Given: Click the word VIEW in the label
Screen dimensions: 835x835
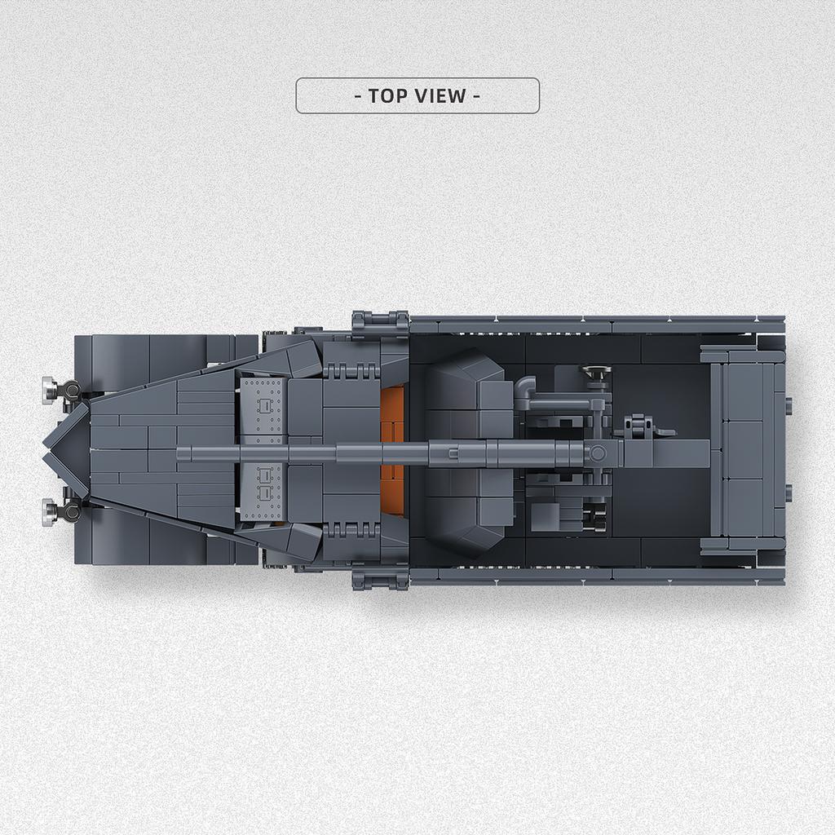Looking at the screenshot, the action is click(x=440, y=96).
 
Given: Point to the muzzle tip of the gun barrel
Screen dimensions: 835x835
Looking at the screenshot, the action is click(x=178, y=454).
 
